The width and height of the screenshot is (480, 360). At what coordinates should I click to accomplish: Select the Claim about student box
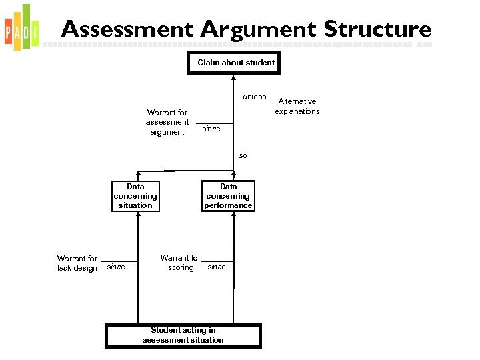[233, 63]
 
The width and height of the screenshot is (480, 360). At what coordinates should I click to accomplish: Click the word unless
[254, 97]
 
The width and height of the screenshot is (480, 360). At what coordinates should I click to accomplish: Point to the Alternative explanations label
[297, 106]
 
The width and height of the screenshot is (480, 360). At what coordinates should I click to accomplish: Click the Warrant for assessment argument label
[167, 122]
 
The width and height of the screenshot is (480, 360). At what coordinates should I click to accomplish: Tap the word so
[243, 155]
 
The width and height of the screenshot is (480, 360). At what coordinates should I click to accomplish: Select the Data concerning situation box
[135, 196]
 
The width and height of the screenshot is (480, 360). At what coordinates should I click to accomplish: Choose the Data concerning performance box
[229, 196]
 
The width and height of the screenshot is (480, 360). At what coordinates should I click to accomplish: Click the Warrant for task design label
[77, 263]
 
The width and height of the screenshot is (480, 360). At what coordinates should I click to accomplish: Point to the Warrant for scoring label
[181, 263]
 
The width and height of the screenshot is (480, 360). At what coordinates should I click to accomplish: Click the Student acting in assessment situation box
[183, 335]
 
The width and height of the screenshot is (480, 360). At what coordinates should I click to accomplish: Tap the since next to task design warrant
[116, 267]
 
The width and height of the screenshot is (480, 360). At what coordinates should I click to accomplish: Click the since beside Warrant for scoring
[217, 267]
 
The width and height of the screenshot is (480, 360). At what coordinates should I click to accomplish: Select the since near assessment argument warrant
[211, 129]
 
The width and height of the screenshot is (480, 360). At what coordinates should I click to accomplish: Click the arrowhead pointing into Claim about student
[233, 76]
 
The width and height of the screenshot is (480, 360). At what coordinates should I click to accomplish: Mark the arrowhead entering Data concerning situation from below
[138, 215]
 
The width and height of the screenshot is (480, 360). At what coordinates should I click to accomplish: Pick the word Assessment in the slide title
[127, 29]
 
